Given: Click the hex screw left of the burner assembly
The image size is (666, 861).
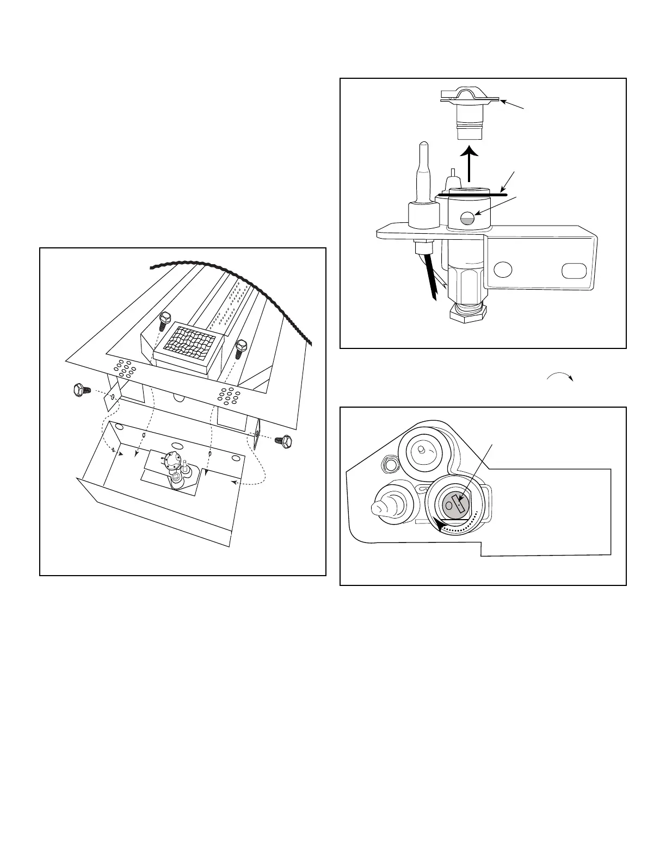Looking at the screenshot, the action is (x=80, y=390).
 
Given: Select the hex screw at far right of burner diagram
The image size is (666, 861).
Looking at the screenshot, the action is (x=284, y=441).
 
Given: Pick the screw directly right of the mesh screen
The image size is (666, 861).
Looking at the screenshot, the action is (x=240, y=348).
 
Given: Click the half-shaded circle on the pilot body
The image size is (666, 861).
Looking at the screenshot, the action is (x=467, y=219).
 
